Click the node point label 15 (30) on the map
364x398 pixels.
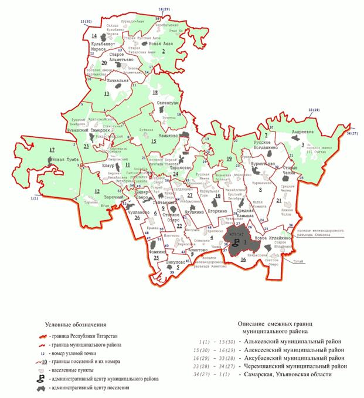tap(85, 22)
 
